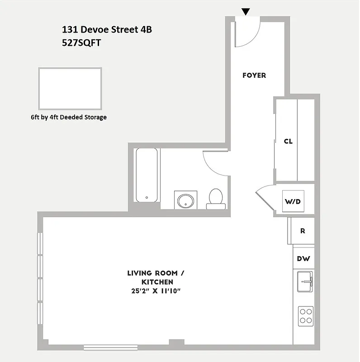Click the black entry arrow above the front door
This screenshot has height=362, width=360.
[x=246, y=12]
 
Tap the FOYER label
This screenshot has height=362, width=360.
[x=254, y=76]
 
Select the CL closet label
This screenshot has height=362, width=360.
[x=288, y=141]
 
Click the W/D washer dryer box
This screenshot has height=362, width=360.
[x=293, y=201]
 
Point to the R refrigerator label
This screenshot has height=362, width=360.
[x=303, y=231]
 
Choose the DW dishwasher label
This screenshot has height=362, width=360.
[x=303, y=259]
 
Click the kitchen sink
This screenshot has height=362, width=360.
[x=305, y=282]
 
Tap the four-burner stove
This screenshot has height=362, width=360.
[x=306, y=315]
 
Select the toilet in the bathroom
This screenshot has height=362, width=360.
[x=216, y=199]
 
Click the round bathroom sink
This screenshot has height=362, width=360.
[x=185, y=200]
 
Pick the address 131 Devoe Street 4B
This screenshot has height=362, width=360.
[x=107, y=30]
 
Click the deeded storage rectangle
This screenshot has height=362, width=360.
[x=70, y=86]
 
